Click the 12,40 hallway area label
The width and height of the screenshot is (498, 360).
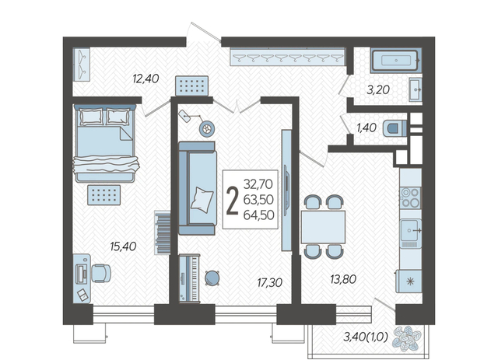[146, 79]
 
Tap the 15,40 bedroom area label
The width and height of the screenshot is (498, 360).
[123, 246]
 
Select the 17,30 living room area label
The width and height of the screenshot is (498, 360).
[270, 282]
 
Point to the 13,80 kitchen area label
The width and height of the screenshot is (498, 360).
[343, 279]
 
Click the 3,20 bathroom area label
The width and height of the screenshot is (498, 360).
[378, 90]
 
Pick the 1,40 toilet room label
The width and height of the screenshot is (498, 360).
[366, 128]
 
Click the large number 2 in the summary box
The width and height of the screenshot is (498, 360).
[232, 200]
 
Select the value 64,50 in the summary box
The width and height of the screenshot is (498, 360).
[259, 215]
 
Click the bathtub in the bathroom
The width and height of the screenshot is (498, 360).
[396, 60]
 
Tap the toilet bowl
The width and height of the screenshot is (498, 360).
[395, 128]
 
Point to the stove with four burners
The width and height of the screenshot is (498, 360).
[410, 197]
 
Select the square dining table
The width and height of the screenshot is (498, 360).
[324, 227]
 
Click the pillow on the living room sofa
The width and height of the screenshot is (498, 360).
[202, 199]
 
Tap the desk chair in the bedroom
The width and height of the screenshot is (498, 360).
[101, 273]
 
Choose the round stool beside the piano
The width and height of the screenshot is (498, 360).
[212, 278]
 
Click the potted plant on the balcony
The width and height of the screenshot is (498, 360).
[407, 339]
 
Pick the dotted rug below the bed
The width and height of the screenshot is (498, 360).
[103, 194]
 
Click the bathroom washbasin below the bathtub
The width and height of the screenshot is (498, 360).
[416, 90]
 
